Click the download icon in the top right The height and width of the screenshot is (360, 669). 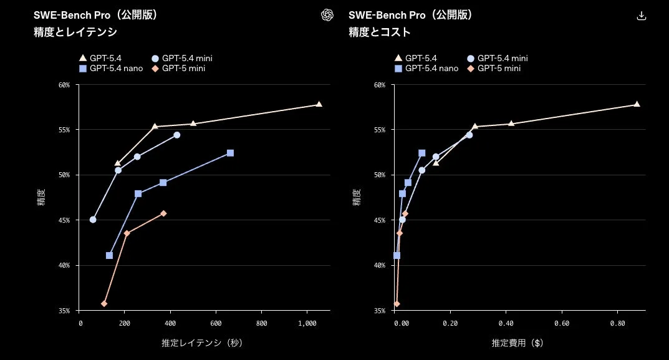[641, 16]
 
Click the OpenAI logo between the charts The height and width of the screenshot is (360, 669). [327, 16]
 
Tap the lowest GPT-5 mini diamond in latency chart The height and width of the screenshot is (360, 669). [104, 303]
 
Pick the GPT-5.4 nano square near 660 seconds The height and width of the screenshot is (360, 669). [230, 153]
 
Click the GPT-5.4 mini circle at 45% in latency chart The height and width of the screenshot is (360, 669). [93, 220]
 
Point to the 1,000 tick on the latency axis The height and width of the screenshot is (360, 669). [307, 323]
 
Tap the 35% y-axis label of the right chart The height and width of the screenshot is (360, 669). [380, 310]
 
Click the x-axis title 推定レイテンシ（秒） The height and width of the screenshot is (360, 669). [202, 343]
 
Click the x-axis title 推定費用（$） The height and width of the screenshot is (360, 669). [517, 343]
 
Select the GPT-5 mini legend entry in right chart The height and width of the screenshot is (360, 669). [494, 68]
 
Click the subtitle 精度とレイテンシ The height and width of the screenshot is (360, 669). [75, 32]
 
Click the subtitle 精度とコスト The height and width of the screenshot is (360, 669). [380, 32]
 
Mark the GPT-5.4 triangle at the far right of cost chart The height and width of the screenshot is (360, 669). [637, 104]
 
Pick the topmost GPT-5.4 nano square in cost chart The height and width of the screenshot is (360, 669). [421, 153]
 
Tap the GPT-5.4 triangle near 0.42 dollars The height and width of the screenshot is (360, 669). [511, 124]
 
